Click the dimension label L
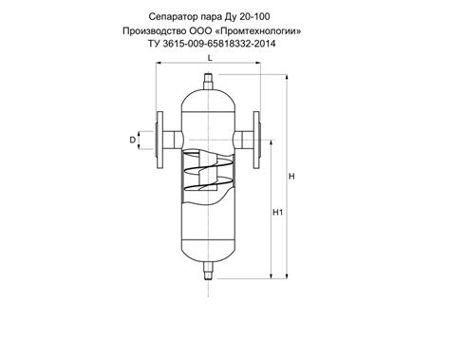(x=210, y=58)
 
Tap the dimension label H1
(x=277, y=213)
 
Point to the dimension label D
(x=133, y=140)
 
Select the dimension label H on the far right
(x=291, y=177)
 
